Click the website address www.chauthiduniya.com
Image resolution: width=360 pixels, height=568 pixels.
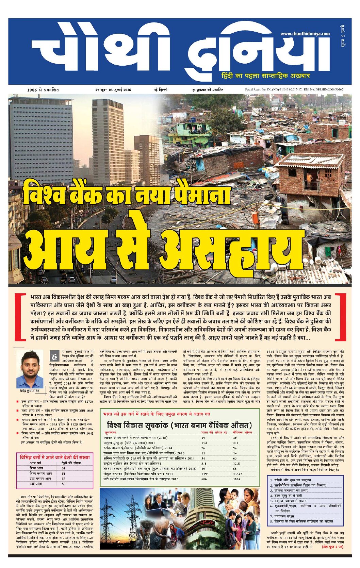click(305, 34)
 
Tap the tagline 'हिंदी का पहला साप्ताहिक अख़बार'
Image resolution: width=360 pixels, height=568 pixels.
click(265, 76)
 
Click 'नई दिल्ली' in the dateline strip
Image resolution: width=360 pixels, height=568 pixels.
click(160, 90)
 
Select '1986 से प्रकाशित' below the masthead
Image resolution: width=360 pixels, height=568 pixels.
click(43, 90)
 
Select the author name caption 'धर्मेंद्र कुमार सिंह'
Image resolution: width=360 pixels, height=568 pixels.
click(30, 391)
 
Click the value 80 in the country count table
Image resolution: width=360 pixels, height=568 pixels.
click(64, 484)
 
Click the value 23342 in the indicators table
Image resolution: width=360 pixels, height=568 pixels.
click(238, 473)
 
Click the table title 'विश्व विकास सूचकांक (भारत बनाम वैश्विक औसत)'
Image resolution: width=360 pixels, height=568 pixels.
click(179, 425)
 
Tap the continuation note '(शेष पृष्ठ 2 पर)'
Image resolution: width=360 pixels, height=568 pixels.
click(332, 547)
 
